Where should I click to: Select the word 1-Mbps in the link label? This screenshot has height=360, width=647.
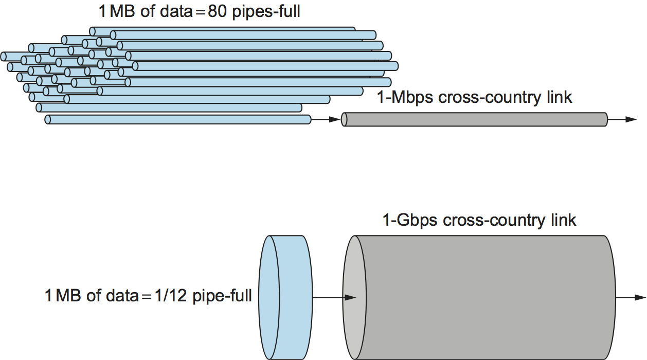[405, 97]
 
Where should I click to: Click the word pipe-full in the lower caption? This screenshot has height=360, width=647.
[222, 297]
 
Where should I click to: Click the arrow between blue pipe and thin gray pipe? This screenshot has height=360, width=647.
[326, 120]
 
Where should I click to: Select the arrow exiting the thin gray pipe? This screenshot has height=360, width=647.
[622, 119]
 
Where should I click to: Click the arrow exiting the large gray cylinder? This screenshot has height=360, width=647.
[631, 297]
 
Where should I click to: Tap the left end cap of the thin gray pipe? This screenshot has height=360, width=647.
[344, 119]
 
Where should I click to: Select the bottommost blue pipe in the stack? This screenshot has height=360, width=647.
[177, 120]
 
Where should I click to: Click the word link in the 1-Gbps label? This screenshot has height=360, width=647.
[563, 220]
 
